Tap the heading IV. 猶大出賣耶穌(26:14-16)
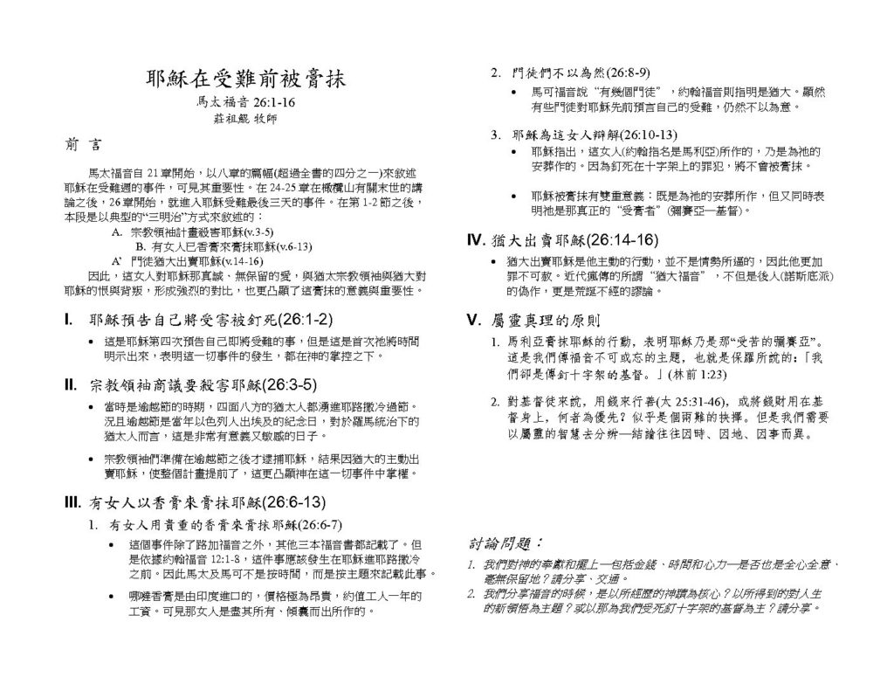pyautogui.click(x=562, y=238)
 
